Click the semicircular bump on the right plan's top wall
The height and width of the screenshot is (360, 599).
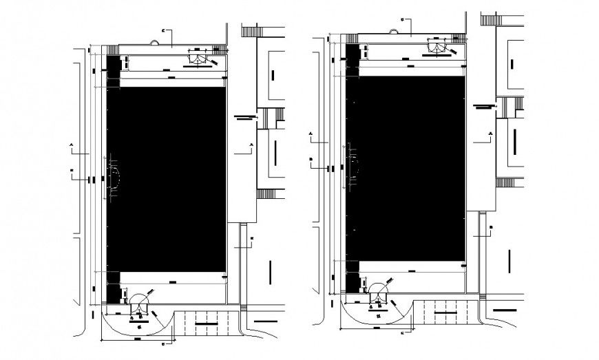395,31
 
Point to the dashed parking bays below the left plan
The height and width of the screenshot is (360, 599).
207,322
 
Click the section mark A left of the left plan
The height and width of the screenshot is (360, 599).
72,145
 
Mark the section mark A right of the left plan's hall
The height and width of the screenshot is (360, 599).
251,145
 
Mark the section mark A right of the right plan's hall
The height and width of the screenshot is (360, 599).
490,133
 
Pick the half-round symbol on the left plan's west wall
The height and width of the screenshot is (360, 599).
113,177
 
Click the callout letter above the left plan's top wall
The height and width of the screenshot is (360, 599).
163,31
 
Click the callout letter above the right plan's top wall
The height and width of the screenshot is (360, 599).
402,19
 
